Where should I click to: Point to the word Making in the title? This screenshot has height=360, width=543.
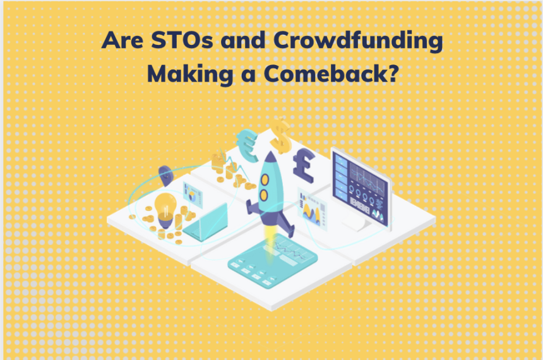[182, 74]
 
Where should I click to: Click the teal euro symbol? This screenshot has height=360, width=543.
[247, 140]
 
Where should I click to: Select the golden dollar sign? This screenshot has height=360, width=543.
[279, 133]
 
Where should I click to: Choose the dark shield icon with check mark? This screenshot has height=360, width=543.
[165, 174]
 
